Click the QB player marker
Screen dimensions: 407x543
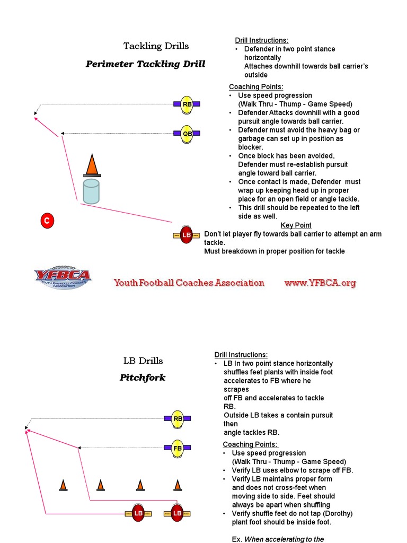(187, 134)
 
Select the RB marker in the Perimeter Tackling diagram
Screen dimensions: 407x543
(187, 104)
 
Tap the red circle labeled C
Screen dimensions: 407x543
(47, 221)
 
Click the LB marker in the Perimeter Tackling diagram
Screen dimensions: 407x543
(186, 235)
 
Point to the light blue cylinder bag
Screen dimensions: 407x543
(91, 191)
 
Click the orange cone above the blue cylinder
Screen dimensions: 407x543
(92, 165)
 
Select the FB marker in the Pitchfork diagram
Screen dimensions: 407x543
(178, 448)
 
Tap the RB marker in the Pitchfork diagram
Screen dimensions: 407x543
(178, 419)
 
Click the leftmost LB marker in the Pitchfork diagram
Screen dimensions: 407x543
(138, 513)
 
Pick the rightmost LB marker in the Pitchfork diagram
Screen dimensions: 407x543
(177, 513)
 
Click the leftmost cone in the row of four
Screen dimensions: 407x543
(63, 485)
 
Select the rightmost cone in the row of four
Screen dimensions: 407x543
(178, 485)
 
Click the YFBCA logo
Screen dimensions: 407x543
(63, 277)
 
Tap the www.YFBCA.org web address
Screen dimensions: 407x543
(320, 283)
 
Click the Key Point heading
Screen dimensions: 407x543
(296, 225)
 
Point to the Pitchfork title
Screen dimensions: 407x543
(143, 378)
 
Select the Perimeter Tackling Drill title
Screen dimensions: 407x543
(145, 64)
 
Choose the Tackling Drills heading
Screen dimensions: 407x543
(156, 46)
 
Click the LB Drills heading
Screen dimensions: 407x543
(143, 361)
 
